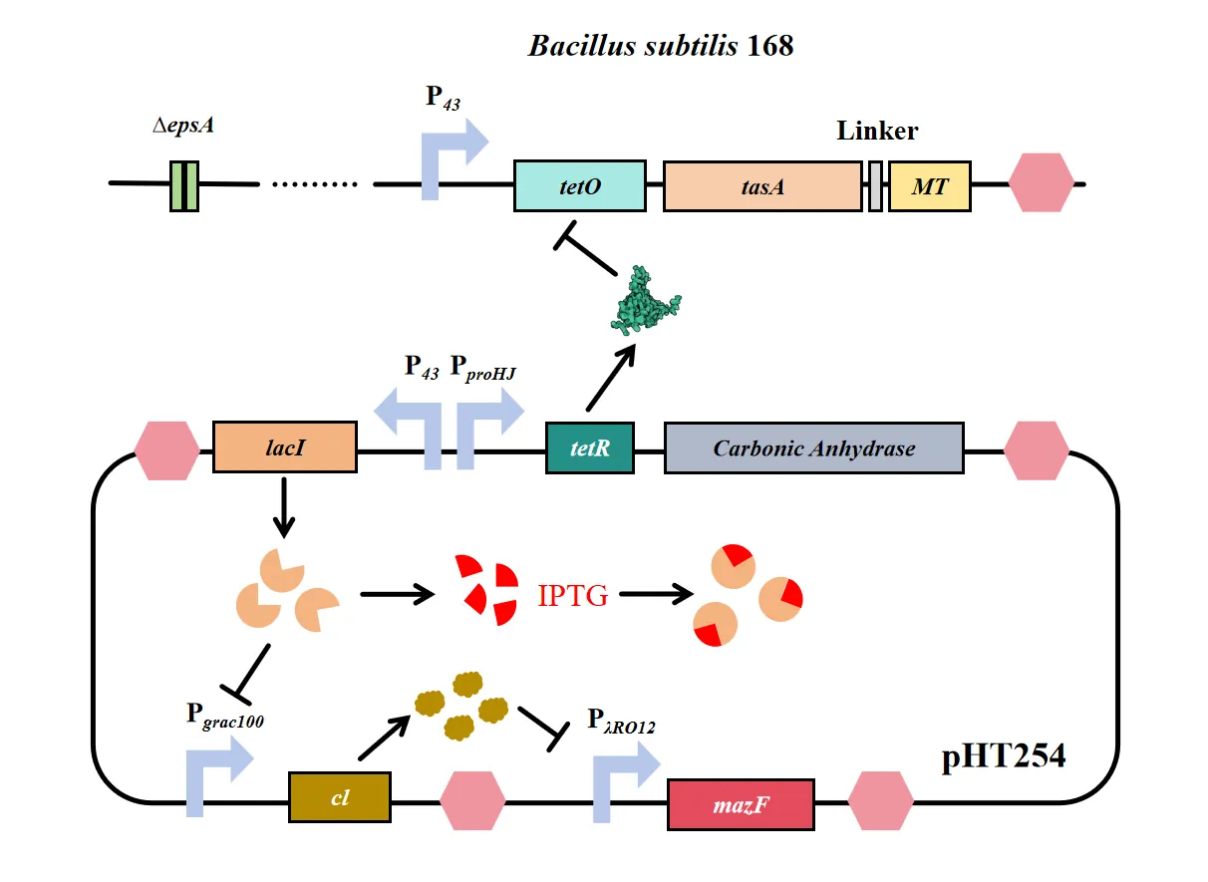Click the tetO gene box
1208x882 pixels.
point(579,185)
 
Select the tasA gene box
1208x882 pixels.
point(761,185)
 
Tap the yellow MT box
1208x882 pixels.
point(929,185)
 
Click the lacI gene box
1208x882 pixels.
point(285,447)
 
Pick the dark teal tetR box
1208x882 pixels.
point(590,447)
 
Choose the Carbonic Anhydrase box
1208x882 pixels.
point(813,447)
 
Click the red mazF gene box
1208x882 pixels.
point(741,803)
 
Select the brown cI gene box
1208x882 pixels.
point(339,797)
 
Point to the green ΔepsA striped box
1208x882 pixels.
point(184,185)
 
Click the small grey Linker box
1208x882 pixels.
point(875,185)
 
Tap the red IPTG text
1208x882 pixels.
point(572,596)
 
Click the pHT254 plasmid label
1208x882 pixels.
point(1003,758)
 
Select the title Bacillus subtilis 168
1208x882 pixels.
point(661,46)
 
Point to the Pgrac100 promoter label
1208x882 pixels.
point(225,716)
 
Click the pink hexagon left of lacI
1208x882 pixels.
point(167,450)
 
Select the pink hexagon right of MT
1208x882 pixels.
point(1042,183)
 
